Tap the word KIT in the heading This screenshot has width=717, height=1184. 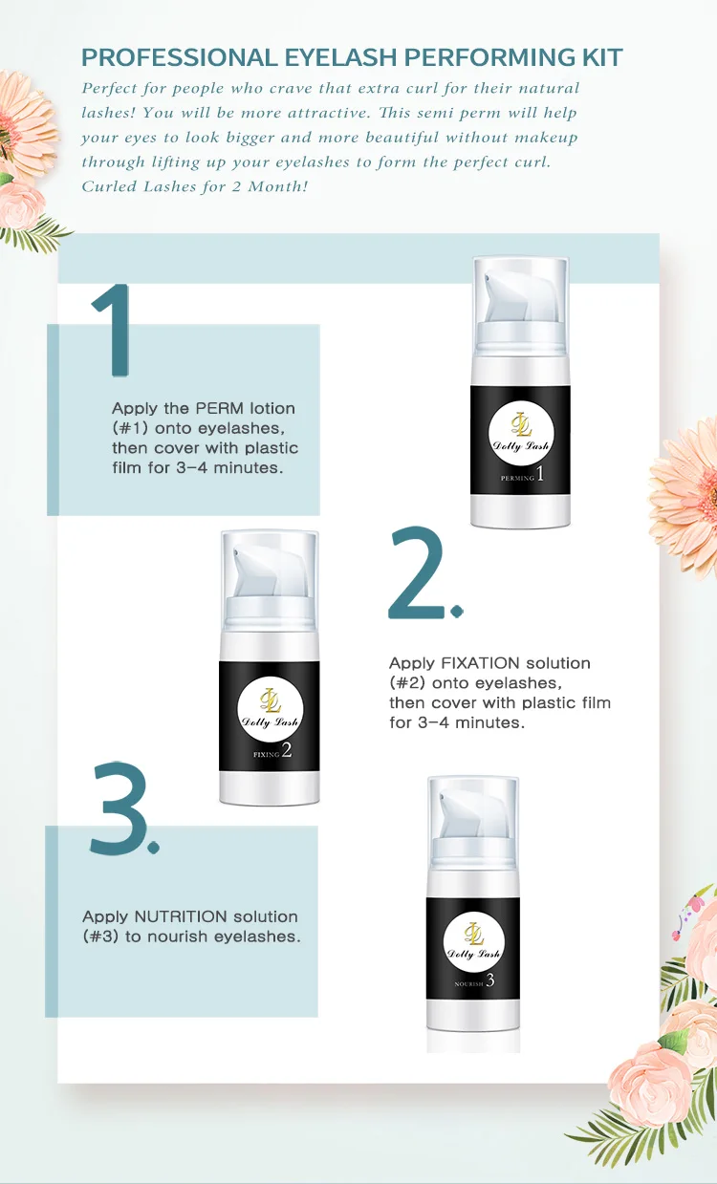click(598, 57)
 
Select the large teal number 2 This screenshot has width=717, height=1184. click(420, 574)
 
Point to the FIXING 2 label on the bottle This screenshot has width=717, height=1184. click(269, 752)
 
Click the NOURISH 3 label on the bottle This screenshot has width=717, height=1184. click(473, 981)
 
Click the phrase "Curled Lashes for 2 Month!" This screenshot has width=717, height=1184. click(194, 186)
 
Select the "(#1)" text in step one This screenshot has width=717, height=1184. click(132, 428)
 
